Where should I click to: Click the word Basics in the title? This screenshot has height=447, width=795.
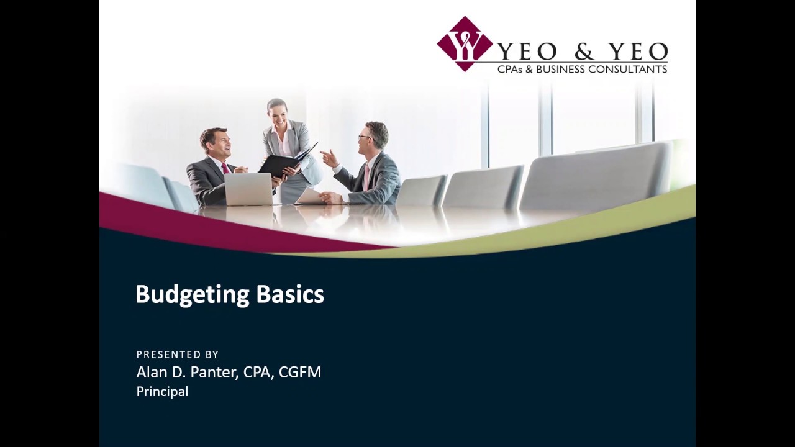(290, 294)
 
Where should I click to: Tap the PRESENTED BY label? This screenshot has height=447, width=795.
(178, 354)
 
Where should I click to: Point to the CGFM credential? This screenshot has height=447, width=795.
(300, 372)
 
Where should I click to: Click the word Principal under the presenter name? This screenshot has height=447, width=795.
(162, 392)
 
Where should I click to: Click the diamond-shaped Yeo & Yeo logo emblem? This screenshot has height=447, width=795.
(465, 43)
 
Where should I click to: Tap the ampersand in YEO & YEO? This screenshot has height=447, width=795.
(583, 52)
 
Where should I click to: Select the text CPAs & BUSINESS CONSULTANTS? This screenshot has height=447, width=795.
(582, 70)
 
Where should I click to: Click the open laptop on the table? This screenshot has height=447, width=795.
(248, 189)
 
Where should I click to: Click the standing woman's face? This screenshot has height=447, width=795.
(277, 112)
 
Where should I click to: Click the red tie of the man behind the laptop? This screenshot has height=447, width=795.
(225, 168)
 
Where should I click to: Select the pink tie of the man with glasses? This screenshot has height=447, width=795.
(367, 176)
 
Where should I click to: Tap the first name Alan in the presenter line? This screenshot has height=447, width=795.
(149, 372)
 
